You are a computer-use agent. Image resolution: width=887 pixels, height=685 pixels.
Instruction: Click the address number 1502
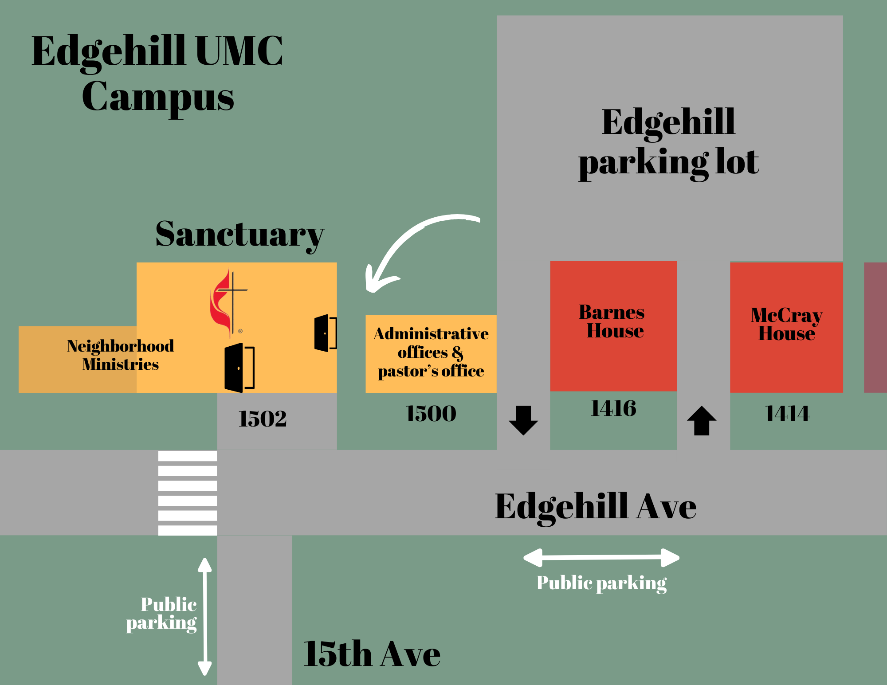pyautogui.click(x=263, y=419)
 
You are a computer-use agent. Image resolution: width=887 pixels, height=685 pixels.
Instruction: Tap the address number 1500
pyautogui.click(x=431, y=414)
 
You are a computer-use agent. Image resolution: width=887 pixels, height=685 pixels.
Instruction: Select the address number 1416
pyautogui.click(x=613, y=408)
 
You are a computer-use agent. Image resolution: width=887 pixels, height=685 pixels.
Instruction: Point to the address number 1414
pyautogui.click(x=787, y=414)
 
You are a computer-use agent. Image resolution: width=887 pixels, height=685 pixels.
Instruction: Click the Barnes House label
pyautogui.click(x=612, y=321)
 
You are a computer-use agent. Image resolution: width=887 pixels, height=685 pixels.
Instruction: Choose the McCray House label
pyautogui.click(x=786, y=324)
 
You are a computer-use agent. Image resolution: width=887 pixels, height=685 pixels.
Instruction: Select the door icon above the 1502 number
pyautogui.click(x=239, y=368)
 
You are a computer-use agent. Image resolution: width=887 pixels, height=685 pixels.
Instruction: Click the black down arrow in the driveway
pyautogui.click(x=523, y=420)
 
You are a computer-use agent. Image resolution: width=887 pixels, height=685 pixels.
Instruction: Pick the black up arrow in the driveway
pyautogui.click(x=701, y=421)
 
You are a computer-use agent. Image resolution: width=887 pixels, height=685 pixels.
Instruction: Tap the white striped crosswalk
pyautogui.click(x=188, y=493)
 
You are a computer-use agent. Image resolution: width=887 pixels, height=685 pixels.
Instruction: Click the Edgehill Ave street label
pyautogui.click(x=596, y=506)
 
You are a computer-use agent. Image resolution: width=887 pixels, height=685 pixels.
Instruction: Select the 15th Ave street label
pyautogui.click(x=372, y=654)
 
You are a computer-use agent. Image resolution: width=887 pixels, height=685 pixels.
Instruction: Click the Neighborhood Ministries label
pyautogui.click(x=120, y=355)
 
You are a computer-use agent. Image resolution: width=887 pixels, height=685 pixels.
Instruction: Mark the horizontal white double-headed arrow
pyautogui.click(x=601, y=558)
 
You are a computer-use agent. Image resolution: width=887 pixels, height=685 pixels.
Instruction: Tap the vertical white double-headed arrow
pyautogui.click(x=204, y=616)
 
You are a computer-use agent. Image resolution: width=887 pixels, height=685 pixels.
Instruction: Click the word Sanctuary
pyautogui.click(x=239, y=235)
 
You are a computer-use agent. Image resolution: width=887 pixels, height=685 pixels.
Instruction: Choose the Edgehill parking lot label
pyautogui.click(x=668, y=142)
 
